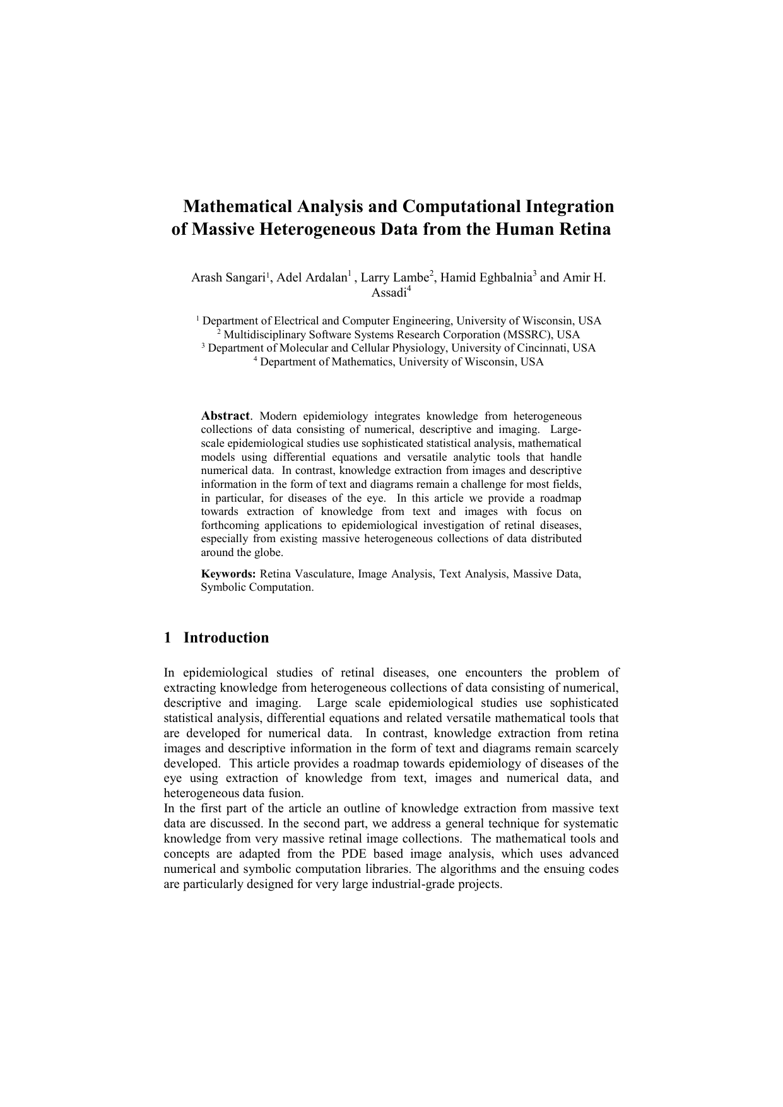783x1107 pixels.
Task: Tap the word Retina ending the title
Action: (x=583, y=229)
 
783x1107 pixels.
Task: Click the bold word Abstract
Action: (x=225, y=416)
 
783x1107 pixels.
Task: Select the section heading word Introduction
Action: (x=226, y=637)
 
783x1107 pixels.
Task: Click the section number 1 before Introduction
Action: (x=167, y=637)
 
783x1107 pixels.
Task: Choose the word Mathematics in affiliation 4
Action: (x=367, y=362)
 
